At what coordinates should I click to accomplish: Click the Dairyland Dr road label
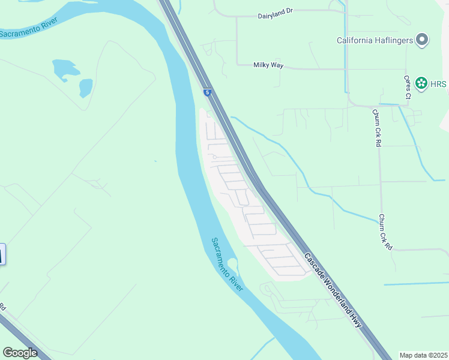click(x=279, y=16)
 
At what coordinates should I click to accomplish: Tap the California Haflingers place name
click(x=375, y=41)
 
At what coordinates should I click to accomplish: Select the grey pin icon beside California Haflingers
click(x=423, y=40)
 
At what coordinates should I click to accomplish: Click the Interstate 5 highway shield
click(x=207, y=92)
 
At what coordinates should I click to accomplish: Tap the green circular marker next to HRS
click(x=421, y=83)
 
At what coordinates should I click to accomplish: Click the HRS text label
click(x=439, y=84)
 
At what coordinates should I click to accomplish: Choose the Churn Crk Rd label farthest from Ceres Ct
click(x=385, y=232)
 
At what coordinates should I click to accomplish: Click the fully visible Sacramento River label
click(x=227, y=265)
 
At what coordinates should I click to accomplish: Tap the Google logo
click(x=20, y=352)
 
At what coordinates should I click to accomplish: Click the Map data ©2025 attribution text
click(x=424, y=355)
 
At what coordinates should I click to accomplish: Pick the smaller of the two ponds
click(x=86, y=88)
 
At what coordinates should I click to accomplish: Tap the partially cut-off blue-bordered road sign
click(x=2, y=254)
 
